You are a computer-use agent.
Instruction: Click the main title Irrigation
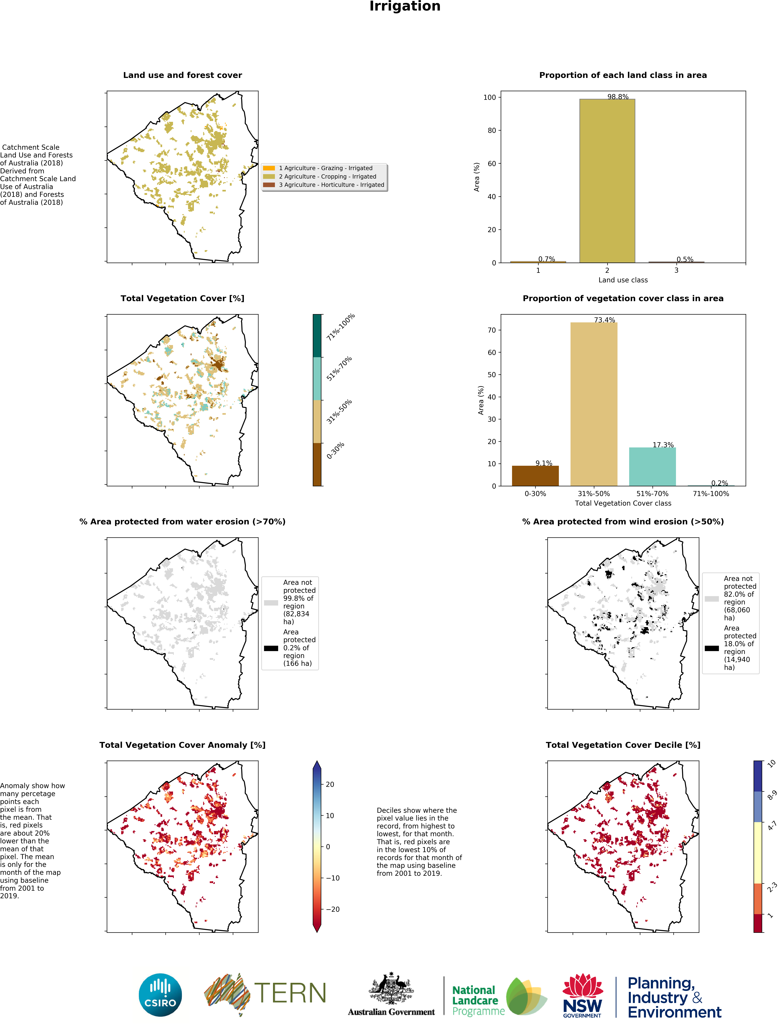[x=405, y=6]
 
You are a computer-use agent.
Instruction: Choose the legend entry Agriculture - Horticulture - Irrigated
[x=331, y=185]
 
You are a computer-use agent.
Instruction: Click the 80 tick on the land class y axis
[x=491, y=131]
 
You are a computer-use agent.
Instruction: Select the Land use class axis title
[x=623, y=280]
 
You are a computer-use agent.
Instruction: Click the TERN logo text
[x=290, y=993]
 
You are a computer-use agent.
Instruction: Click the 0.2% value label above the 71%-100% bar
[x=719, y=483]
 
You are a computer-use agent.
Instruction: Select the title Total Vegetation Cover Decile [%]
[x=623, y=745]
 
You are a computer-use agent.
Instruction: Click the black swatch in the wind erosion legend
[x=712, y=648]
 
